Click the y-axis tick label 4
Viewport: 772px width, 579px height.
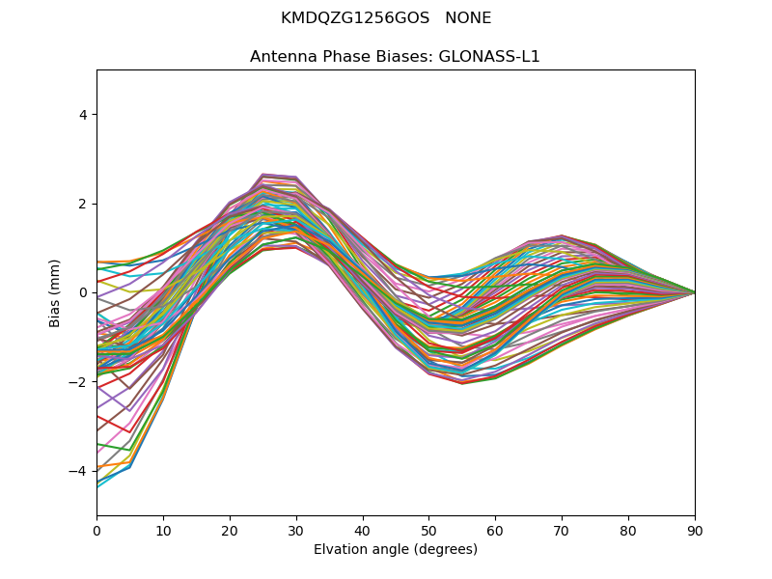[x=83, y=115]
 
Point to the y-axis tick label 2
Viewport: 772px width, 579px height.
[x=83, y=204]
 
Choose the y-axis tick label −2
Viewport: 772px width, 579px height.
[x=79, y=382]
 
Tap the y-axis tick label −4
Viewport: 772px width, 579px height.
[x=79, y=471]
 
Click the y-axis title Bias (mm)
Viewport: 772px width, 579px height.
[x=55, y=292]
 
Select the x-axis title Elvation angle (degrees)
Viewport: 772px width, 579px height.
[x=396, y=549]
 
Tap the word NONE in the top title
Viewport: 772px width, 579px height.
[x=468, y=18]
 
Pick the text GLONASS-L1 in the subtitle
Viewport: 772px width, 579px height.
[x=489, y=56]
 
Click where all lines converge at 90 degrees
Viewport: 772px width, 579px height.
[x=694, y=292]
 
